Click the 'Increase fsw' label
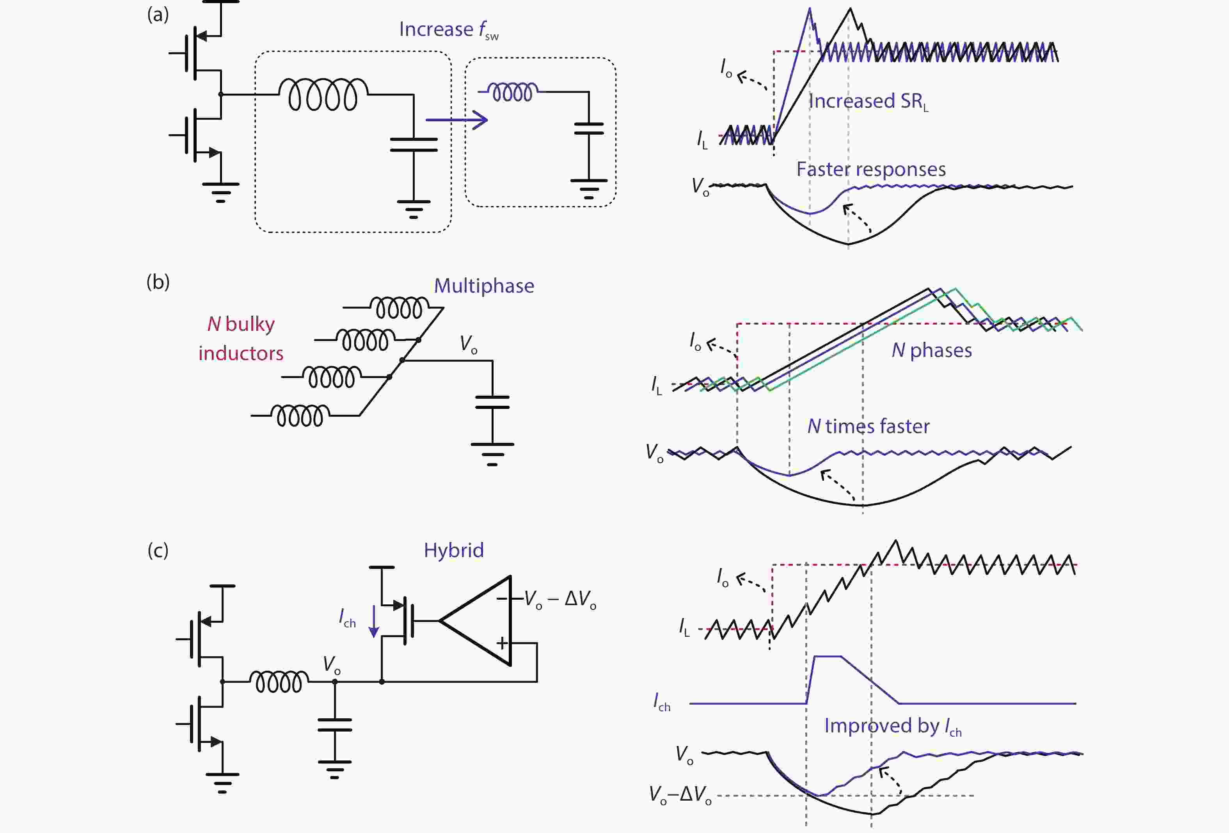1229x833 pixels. click(x=448, y=30)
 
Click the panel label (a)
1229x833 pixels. click(x=158, y=14)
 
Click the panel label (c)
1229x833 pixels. click(x=158, y=550)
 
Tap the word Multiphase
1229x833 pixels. click(x=484, y=286)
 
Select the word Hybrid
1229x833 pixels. click(x=454, y=550)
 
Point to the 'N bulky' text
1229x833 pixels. click(x=241, y=324)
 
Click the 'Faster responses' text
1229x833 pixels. click(x=871, y=169)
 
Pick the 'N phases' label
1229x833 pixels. click(x=931, y=350)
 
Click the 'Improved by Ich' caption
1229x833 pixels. click(x=892, y=726)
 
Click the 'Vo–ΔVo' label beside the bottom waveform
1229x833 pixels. click(x=680, y=794)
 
